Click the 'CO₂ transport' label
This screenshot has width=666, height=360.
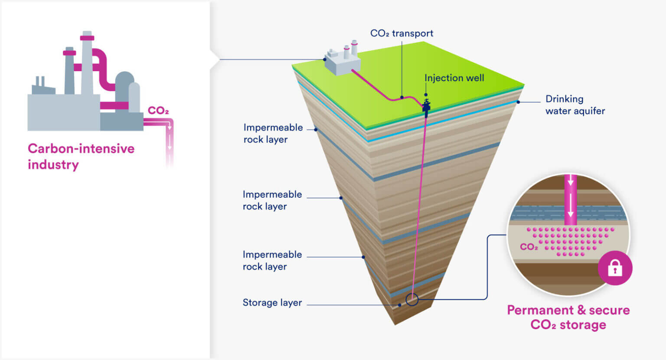point(402,33)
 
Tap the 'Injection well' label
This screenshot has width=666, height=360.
point(454,78)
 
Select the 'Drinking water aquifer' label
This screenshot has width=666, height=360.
point(575,105)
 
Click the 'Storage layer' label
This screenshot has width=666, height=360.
point(272,303)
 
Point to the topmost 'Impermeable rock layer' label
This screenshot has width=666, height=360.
point(273,134)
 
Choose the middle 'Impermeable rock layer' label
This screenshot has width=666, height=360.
point(272,200)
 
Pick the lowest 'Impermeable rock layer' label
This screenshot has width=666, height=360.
point(272,261)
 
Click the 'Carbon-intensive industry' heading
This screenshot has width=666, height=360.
point(81,157)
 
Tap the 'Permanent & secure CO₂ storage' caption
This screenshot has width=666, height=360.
point(568,317)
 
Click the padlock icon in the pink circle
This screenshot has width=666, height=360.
point(615,268)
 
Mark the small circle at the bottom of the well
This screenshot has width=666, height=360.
point(412,299)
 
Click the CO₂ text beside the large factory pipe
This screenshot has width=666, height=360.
point(158,111)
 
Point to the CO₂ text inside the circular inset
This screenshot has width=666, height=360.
point(529,247)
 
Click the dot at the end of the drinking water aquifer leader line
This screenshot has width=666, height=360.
point(518,102)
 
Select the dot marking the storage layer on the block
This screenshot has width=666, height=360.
point(399,305)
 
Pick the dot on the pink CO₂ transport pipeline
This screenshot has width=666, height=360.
point(402,98)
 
